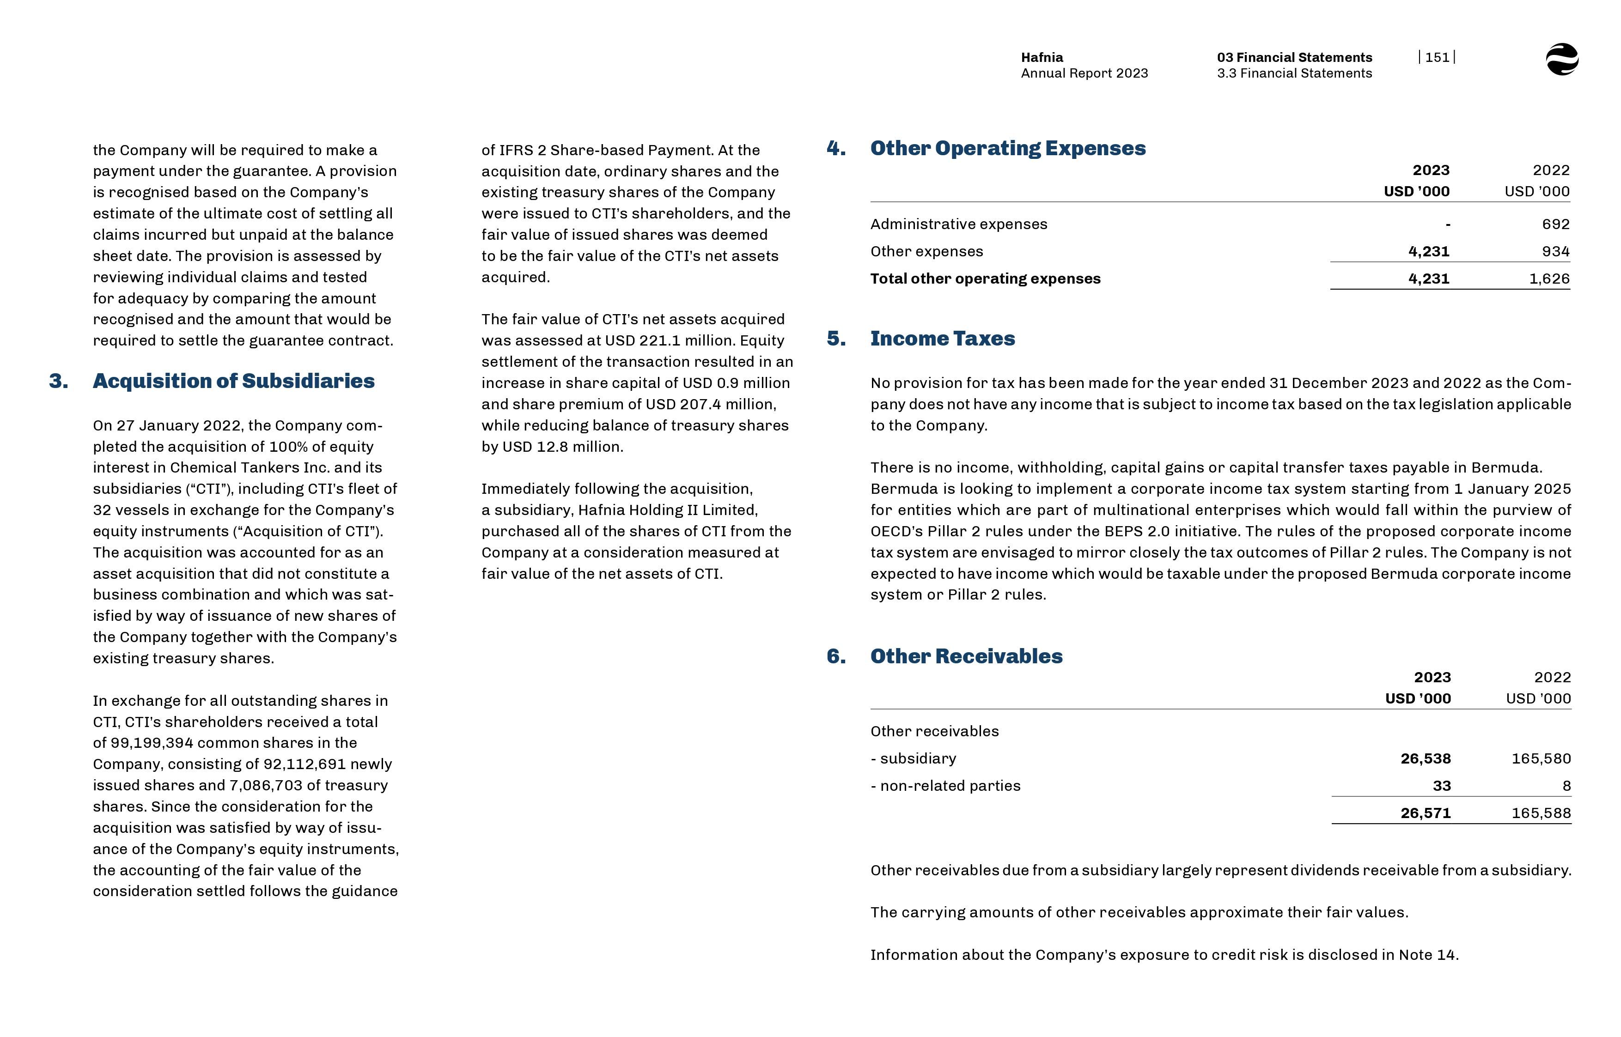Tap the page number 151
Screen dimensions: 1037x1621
(x=1437, y=57)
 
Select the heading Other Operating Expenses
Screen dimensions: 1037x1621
(x=1007, y=148)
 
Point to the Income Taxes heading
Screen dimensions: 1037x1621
(x=942, y=339)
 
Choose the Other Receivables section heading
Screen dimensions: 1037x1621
(x=966, y=656)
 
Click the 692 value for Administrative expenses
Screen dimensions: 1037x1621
(x=1555, y=224)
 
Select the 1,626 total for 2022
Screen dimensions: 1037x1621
(x=1549, y=279)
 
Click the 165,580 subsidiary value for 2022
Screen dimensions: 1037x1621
(x=1541, y=759)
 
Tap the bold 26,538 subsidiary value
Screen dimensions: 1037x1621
(x=1425, y=759)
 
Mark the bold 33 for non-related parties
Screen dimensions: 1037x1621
(x=1441, y=786)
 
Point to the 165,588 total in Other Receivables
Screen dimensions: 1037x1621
(x=1541, y=813)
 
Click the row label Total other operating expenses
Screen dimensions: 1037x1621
(x=985, y=279)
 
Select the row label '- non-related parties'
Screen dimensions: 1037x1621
(x=945, y=786)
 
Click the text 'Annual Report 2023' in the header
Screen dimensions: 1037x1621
(x=1084, y=73)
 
